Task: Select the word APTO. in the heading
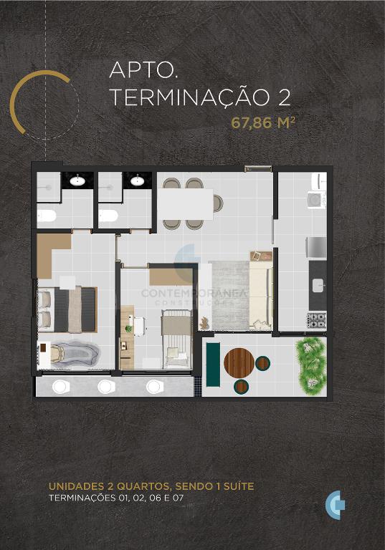point(143,70)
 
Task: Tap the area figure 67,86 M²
point(262,123)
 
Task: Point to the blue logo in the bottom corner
point(335,505)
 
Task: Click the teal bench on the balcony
point(213,365)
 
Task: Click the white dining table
point(186,204)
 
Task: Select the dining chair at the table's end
point(218,204)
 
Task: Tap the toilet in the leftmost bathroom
point(47,216)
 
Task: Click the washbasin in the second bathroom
point(137,181)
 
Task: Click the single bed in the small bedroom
point(176,339)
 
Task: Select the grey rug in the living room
point(229,295)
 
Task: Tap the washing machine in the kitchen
point(317,199)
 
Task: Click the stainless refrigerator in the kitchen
point(316,248)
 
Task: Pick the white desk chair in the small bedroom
point(139,326)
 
